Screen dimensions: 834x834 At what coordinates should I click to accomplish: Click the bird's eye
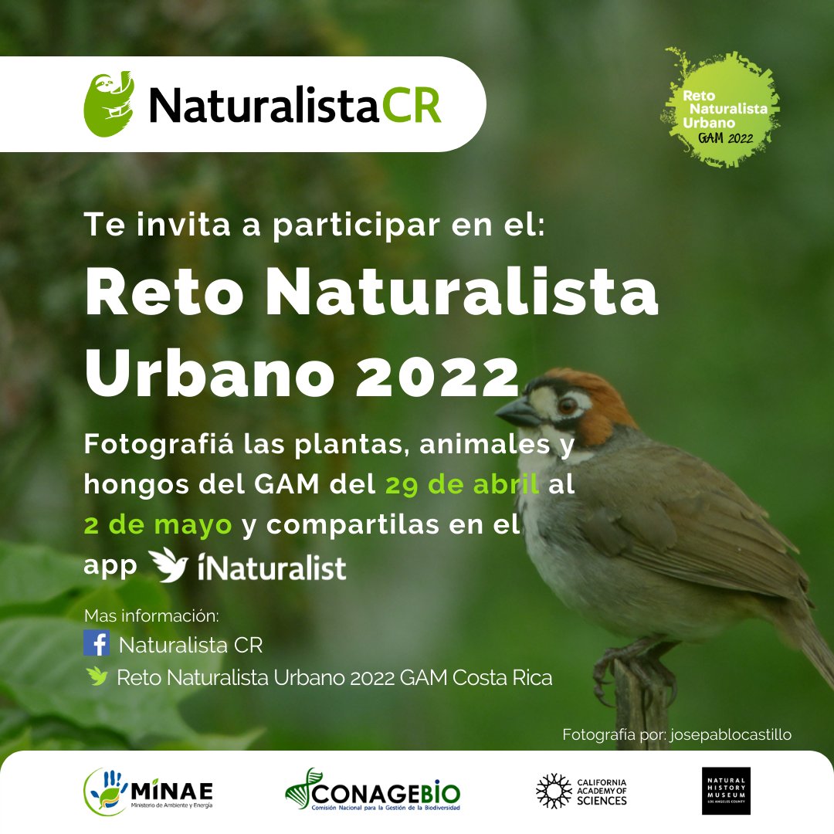567,405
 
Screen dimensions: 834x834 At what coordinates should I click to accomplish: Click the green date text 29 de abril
462,486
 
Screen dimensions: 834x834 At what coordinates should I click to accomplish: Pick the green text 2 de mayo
158,524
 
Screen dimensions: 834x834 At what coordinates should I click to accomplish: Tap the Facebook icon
97,643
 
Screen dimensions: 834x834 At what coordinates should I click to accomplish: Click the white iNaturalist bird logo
168,565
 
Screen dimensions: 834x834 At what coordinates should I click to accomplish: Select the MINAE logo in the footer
148,792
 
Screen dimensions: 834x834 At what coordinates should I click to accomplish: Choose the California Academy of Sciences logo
581,791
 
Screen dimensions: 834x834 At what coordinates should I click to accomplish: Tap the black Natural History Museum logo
726,791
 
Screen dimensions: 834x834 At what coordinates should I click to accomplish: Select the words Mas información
151,617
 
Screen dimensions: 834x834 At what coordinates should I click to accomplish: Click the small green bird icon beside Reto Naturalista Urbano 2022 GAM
97,676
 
